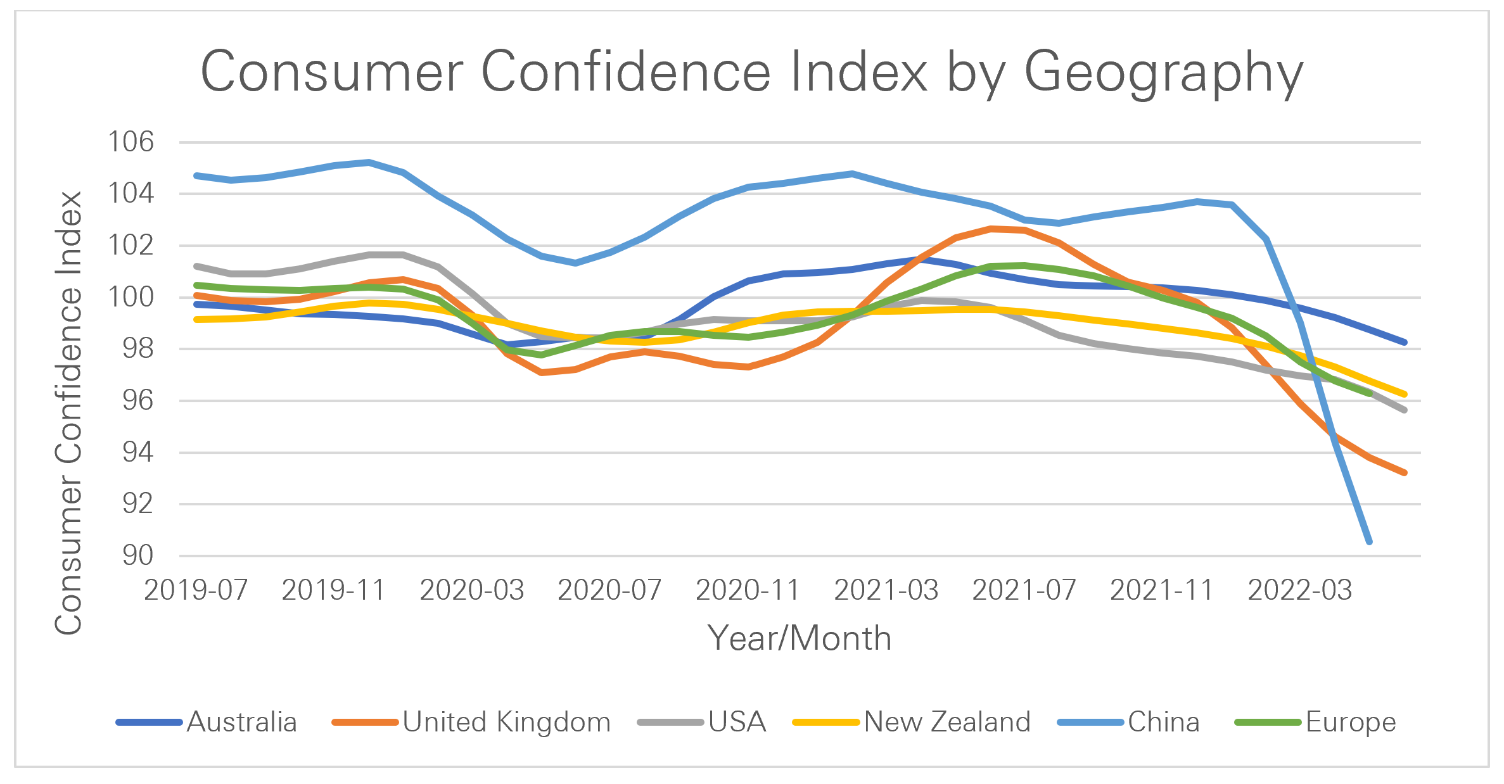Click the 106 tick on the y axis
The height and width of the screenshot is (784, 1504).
click(x=131, y=142)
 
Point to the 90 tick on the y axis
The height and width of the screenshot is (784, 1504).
click(x=137, y=555)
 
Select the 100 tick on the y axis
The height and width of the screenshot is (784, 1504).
click(x=131, y=297)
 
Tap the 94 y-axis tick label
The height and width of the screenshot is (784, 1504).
click(x=137, y=452)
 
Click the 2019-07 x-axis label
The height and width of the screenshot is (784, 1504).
click(x=196, y=590)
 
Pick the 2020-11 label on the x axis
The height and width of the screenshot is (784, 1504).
click(x=748, y=590)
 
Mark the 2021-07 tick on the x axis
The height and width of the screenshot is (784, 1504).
click(x=1024, y=590)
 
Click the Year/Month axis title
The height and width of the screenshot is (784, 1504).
click(x=800, y=638)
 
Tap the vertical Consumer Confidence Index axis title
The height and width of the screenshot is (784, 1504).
click(x=68, y=412)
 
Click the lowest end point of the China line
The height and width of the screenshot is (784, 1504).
click(x=1370, y=542)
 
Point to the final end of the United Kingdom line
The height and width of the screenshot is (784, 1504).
click(x=1405, y=472)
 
